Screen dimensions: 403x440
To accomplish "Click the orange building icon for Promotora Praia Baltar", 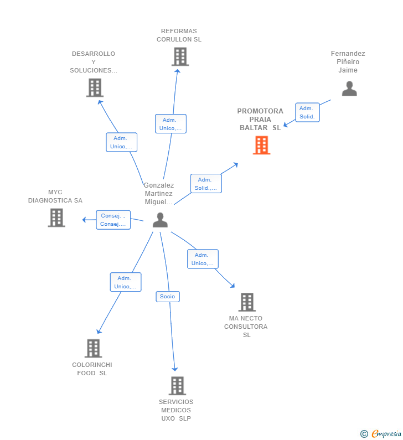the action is pyautogui.click(x=261, y=145).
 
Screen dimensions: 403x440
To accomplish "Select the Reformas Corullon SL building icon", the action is pyautogui.click(x=180, y=56).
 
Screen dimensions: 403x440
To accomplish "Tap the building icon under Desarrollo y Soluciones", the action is pyautogui.click(x=95, y=88).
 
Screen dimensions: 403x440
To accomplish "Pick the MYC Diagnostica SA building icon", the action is pyautogui.click(x=56, y=218).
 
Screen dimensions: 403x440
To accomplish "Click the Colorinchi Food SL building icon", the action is pyautogui.click(x=94, y=348).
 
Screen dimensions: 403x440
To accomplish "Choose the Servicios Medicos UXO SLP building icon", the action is pyautogui.click(x=177, y=386).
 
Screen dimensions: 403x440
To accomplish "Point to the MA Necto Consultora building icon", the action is pyautogui.click(x=247, y=302).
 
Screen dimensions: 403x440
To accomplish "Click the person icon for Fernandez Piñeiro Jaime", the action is pyautogui.click(x=349, y=89).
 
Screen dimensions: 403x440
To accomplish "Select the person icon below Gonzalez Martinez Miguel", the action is pyautogui.click(x=160, y=220).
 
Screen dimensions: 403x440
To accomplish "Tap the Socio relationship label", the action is pyautogui.click(x=168, y=297).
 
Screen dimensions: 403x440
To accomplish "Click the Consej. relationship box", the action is pyautogui.click(x=113, y=220).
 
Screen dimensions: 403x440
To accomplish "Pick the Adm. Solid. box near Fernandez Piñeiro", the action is pyautogui.click(x=307, y=112).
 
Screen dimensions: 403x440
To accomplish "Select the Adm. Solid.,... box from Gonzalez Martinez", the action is pyautogui.click(x=206, y=184).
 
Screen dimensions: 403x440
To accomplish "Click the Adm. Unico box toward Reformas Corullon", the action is pyautogui.click(x=170, y=124).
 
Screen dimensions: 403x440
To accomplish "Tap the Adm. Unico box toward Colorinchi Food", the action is pyautogui.click(x=126, y=282).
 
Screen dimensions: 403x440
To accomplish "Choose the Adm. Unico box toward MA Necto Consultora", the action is pyautogui.click(x=203, y=259).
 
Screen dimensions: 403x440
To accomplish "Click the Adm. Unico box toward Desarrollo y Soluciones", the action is pyautogui.click(x=122, y=142).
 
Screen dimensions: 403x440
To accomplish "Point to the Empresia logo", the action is pyautogui.click(x=381, y=433).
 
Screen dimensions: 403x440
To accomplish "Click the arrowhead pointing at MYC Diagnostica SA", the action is pyautogui.click(x=84, y=220).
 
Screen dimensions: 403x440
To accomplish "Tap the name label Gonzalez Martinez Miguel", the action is pyautogui.click(x=158, y=194).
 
